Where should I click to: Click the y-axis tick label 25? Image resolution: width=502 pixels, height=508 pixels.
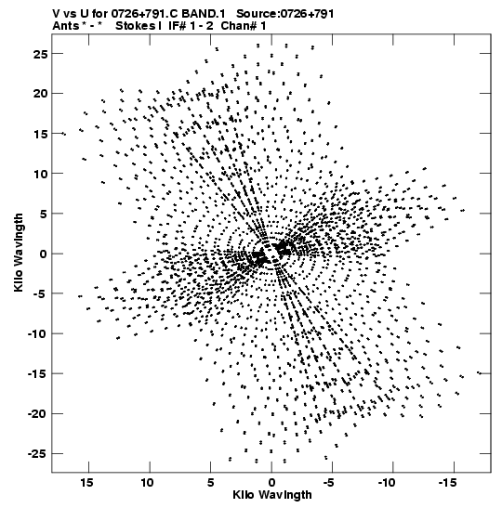click(x=40, y=54)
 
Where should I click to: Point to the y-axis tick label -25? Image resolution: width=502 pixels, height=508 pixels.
click(x=37, y=454)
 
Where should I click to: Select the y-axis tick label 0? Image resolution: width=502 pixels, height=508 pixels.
click(x=44, y=254)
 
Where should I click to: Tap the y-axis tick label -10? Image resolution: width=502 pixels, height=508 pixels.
click(x=37, y=333)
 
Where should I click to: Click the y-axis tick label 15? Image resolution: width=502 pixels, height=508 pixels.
click(x=40, y=134)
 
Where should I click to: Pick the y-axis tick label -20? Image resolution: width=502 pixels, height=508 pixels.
click(x=37, y=413)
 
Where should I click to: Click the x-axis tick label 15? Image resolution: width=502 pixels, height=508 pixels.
click(x=86, y=483)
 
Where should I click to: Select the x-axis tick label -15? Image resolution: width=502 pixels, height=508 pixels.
click(x=447, y=483)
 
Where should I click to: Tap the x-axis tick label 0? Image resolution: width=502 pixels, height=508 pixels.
click(x=271, y=483)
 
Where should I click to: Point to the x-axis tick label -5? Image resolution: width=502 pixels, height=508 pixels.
click(x=328, y=483)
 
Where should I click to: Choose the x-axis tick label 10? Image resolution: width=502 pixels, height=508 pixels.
click(x=147, y=483)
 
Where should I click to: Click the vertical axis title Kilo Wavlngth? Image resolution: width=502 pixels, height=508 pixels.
click(x=19, y=253)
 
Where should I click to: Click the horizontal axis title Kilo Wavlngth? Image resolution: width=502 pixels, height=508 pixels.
click(x=272, y=495)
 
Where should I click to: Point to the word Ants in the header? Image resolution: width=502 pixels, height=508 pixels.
click(x=65, y=26)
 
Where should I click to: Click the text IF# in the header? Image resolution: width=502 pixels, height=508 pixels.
click(x=178, y=26)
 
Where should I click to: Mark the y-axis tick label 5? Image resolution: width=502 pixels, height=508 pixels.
click(x=44, y=214)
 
